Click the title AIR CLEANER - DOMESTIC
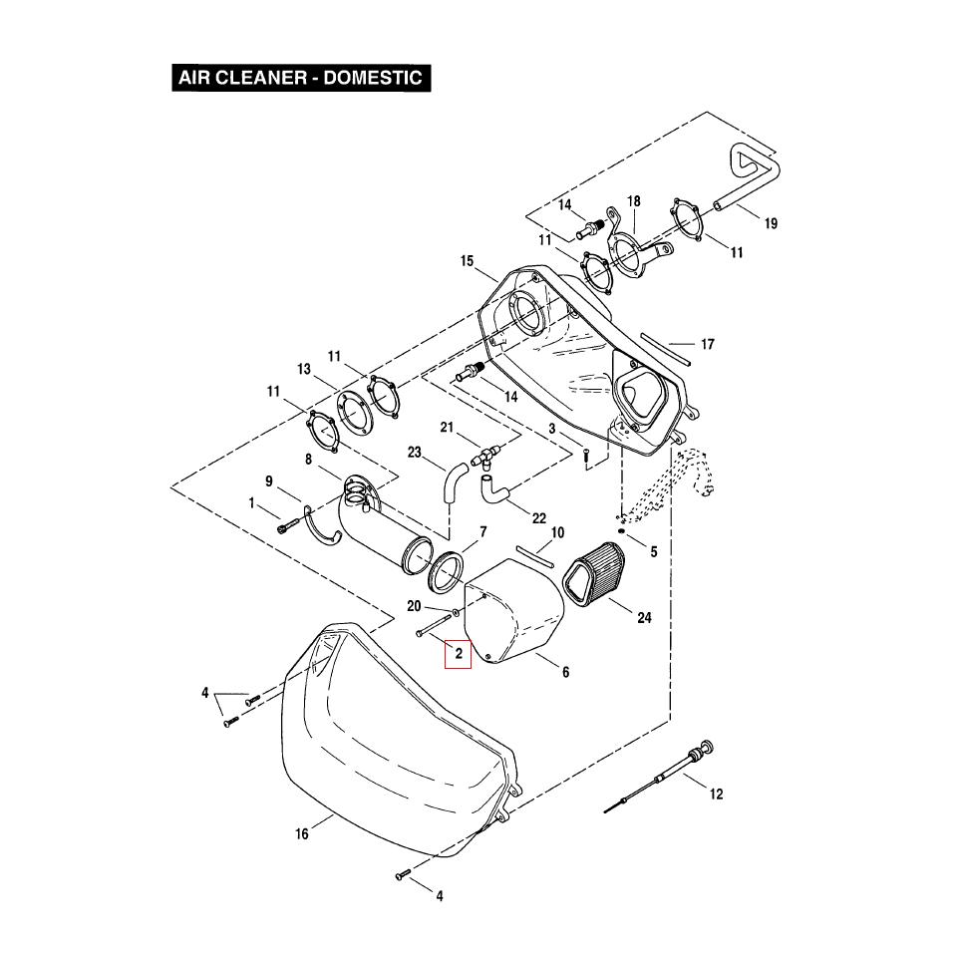(300, 78)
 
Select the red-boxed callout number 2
(458, 654)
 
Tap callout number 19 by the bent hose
(770, 223)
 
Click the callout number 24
(644, 618)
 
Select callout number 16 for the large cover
(301, 834)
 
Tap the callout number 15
(467, 262)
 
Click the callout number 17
(707, 345)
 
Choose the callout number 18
(633, 201)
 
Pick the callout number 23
(415, 453)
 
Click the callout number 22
(538, 517)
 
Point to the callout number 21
(448, 428)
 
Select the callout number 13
(304, 370)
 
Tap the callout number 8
(309, 460)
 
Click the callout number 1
(252, 504)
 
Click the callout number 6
(565, 672)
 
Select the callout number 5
(654, 551)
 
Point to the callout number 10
(557, 533)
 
